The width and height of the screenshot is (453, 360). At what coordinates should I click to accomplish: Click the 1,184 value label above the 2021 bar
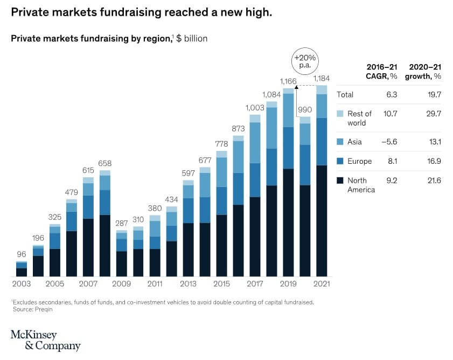click(x=322, y=78)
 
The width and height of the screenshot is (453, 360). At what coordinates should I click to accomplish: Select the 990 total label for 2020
click(x=305, y=109)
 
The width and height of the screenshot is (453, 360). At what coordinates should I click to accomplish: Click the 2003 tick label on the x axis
click(x=22, y=283)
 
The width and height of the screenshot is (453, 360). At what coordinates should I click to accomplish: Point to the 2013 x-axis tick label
click(x=188, y=283)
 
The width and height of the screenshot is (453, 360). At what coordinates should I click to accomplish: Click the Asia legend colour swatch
click(x=340, y=142)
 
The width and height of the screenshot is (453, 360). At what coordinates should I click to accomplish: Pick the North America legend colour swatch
click(x=340, y=181)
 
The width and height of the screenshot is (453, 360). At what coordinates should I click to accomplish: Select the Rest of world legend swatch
click(x=340, y=114)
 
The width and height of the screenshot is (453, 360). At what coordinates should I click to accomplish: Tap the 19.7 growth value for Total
click(x=434, y=94)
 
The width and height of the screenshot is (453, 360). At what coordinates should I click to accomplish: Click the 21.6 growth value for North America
click(x=434, y=181)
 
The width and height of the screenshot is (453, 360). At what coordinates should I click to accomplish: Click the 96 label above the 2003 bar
click(x=22, y=254)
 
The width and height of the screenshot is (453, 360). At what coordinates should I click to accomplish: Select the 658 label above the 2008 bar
click(x=105, y=163)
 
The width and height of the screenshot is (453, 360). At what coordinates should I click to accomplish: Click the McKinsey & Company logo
click(x=45, y=341)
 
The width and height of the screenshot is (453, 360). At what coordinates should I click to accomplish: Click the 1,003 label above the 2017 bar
click(x=255, y=108)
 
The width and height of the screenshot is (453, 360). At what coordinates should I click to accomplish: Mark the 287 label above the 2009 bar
click(x=122, y=223)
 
